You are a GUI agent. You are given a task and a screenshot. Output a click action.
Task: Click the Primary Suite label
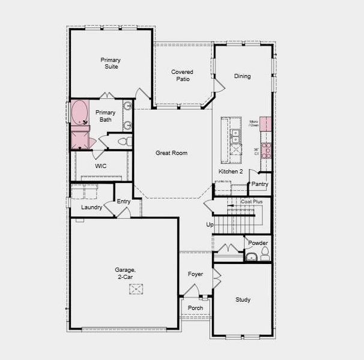111,63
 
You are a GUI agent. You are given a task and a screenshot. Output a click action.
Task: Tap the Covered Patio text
182,75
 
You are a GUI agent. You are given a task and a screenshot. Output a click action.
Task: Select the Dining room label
242,76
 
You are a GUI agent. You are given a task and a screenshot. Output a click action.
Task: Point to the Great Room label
171,153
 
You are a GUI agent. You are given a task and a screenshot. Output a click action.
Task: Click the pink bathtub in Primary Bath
79,112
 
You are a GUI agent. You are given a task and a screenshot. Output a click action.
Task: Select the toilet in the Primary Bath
124,142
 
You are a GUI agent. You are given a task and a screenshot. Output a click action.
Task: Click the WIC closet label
101,166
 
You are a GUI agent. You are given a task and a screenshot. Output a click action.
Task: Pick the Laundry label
91,207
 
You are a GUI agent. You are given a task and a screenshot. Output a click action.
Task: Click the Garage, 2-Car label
126,274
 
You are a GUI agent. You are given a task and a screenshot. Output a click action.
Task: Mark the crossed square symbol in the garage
137,289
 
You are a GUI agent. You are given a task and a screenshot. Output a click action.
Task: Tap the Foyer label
195,274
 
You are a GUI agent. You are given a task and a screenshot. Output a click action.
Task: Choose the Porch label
195,308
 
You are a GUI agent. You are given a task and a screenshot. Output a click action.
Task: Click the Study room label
243,299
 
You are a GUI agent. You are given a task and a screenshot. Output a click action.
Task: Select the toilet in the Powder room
265,254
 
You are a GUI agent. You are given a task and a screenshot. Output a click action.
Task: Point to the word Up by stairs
210,224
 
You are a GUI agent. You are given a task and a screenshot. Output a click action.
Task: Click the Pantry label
259,184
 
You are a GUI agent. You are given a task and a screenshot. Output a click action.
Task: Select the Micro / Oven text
254,124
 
